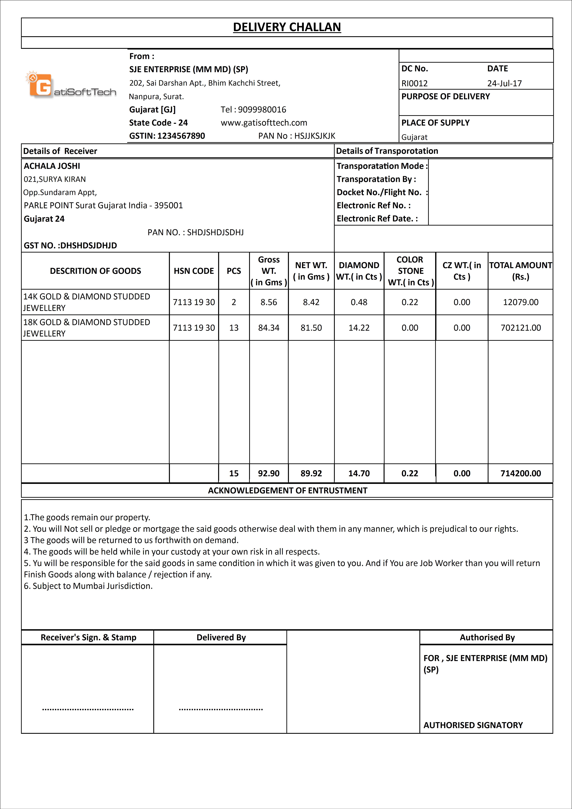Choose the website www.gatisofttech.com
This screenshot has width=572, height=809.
click(264, 123)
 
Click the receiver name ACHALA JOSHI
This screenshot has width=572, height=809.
click(52, 166)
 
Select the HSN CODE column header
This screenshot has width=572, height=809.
click(194, 271)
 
